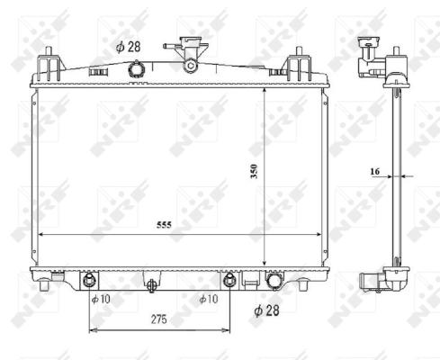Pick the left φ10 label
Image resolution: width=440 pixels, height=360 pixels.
[99, 298]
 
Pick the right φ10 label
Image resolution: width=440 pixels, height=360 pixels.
[207, 298]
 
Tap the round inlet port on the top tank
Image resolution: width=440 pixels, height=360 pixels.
[136, 69]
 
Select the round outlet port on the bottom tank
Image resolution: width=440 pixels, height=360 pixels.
[274, 282]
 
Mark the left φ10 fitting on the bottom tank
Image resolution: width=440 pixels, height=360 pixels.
[89, 278]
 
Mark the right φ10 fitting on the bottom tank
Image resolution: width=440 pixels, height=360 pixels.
[229, 278]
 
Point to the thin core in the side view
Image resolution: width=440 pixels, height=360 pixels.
[397, 171]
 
